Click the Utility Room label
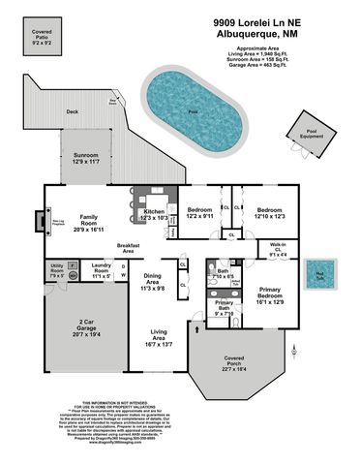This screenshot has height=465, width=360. tap(56, 268)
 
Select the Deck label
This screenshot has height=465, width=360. tap(71, 112)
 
